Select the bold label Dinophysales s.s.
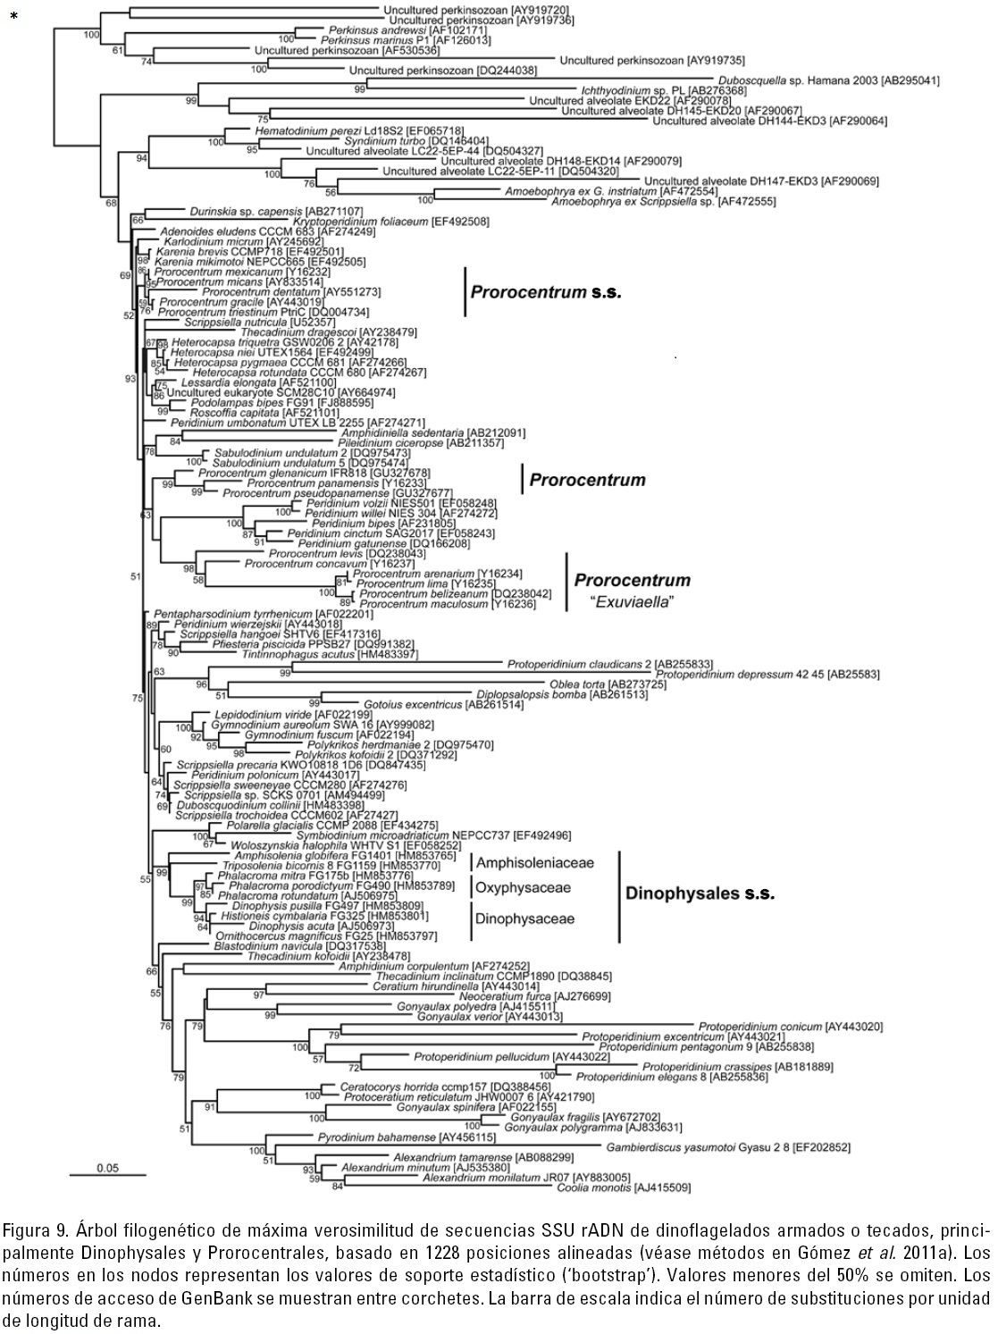(x=700, y=893)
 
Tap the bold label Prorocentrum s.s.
(x=545, y=291)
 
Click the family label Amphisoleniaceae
(x=535, y=862)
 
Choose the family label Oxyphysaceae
(x=523, y=888)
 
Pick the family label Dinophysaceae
(x=525, y=918)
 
